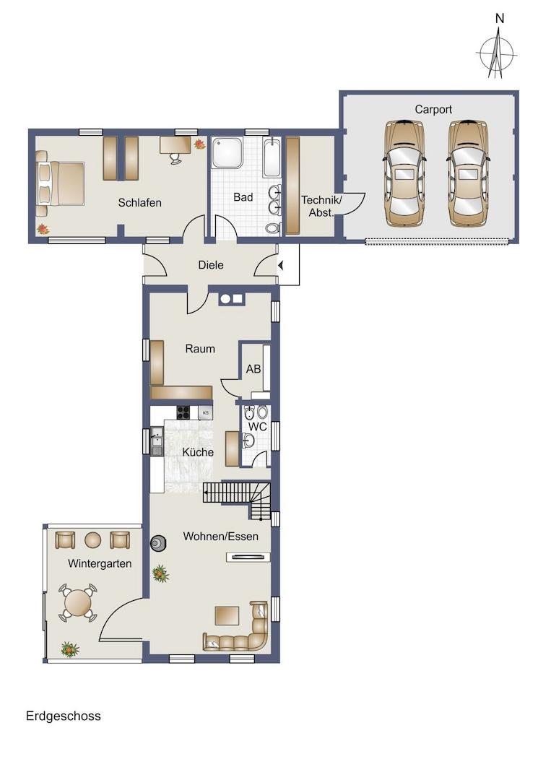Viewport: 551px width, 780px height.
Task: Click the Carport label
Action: tap(433, 110)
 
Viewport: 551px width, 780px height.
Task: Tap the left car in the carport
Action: tap(404, 173)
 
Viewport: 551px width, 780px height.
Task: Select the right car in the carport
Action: tap(468, 173)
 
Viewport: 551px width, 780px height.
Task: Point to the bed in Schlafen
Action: tap(60, 183)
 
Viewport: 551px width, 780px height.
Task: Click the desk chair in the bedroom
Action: tap(175, 158)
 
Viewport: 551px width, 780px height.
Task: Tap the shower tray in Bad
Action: tap(227, 152)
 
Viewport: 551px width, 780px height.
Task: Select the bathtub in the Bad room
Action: tap(272, 157)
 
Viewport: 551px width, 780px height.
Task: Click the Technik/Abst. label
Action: tap(321, 206)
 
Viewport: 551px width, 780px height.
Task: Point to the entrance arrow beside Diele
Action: tap(280, 266)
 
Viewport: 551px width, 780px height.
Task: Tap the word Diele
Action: tap(211, 265)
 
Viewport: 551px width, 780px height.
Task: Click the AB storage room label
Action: tap(253, 369)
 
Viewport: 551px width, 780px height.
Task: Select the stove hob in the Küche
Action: tap(183, 412)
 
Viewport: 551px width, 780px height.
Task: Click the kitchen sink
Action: tap(157, 441)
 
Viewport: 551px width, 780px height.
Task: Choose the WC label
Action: tap(258, 427)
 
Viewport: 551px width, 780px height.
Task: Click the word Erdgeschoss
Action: tap(63, 716)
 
